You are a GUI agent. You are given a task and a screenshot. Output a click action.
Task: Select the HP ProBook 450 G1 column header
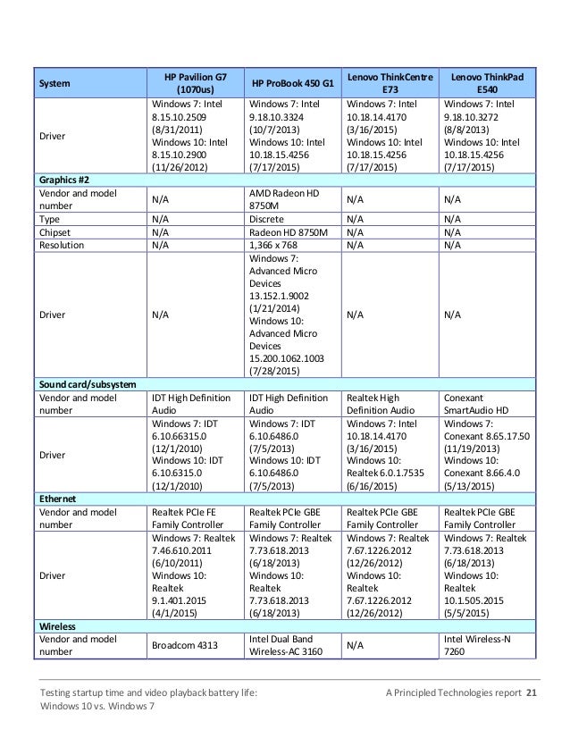(293, 84)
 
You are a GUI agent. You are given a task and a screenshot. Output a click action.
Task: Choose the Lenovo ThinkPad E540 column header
(488, 84)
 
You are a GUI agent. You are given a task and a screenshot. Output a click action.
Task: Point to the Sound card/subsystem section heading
(87, 383)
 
